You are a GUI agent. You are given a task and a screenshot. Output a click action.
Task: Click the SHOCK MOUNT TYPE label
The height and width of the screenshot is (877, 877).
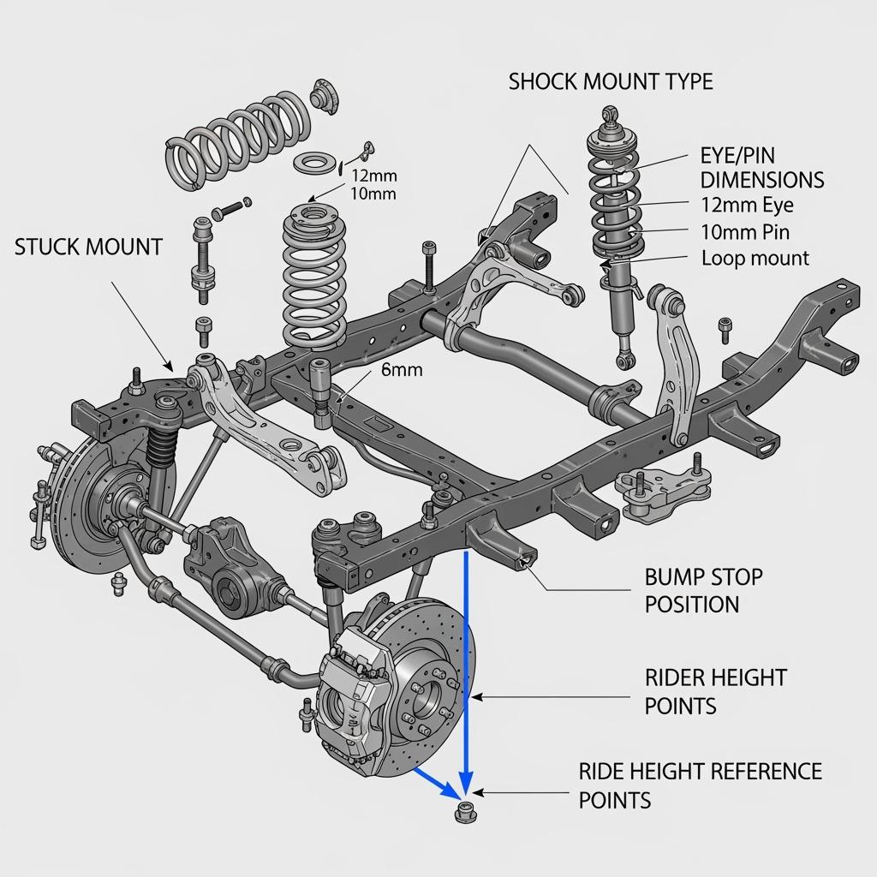(x=610, y=82)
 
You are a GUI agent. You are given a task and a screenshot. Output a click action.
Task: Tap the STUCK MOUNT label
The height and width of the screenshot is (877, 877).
(x=88, y=248)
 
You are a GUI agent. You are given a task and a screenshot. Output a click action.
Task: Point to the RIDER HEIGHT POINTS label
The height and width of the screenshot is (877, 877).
(x=715, y=691)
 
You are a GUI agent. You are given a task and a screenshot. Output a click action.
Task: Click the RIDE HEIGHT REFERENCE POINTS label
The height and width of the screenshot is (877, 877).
(x=700, y=785)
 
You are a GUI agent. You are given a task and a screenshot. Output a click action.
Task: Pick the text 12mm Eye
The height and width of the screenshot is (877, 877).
(x=747, y=206)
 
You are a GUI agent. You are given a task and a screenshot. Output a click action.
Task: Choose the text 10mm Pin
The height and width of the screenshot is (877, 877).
(x=745, y=232)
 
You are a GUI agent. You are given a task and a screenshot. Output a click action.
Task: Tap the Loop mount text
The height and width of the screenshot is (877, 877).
(x=755, y=258)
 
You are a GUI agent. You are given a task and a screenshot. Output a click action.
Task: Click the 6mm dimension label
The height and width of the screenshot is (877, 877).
(x=402, y=370)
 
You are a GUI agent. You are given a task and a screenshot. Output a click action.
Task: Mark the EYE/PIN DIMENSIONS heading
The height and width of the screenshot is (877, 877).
(x=761, y=169)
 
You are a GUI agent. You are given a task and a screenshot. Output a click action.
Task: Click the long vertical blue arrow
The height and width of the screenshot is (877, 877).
(x=466, y=668)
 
